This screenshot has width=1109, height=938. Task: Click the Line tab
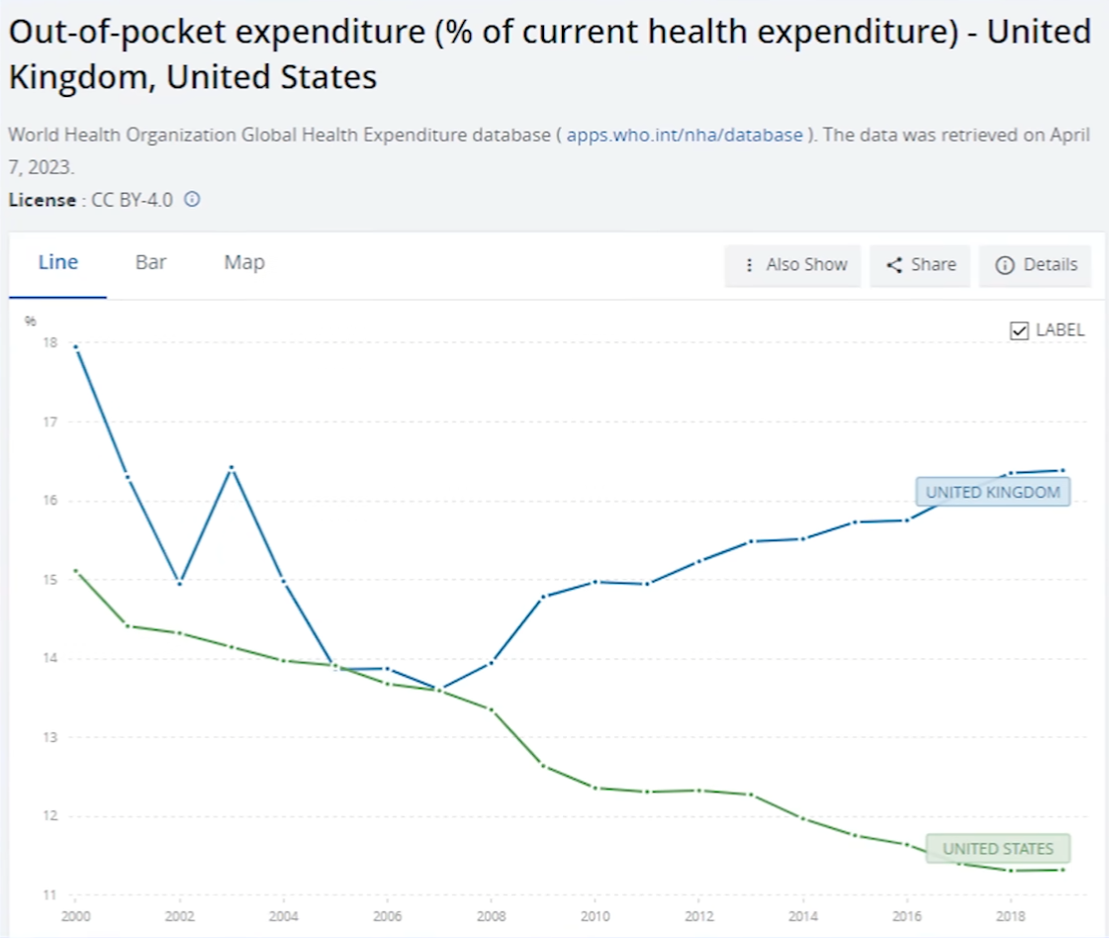pos(58,263)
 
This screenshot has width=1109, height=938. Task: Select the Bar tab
pos(150,263)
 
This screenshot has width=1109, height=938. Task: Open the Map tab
pos(244,263)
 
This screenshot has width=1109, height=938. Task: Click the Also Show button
pos(793,265)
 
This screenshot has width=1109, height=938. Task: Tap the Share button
pos(920,265)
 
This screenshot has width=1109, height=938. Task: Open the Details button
pos(1036,265)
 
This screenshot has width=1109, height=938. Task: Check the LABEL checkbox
pos(1020,330)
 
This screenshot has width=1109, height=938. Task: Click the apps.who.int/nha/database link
pos(685,135)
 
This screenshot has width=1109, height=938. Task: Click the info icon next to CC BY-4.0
pos(192,199)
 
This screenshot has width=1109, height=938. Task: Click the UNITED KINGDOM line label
pos(992,492)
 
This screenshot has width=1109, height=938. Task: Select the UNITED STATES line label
pos(999,849)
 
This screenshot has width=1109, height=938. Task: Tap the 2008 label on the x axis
pos(492,915)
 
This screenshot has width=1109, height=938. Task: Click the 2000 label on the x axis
pos(77,915)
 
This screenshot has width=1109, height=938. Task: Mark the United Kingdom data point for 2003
pos(231,467)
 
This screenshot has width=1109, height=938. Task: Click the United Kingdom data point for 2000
pos(77,347)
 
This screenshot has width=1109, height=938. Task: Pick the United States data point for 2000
pos(77,571)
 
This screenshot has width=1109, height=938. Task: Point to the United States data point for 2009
pos(543,765)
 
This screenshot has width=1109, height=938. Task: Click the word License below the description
pos(42,200)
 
